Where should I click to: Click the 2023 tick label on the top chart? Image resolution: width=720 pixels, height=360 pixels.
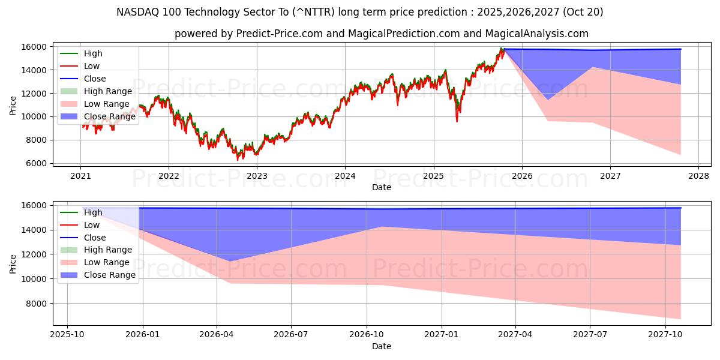click(x=257, y=176)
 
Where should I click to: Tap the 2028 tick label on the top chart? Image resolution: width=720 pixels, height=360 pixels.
click(x=698, y=176)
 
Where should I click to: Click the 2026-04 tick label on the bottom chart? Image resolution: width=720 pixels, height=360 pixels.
click(x=217, y=334)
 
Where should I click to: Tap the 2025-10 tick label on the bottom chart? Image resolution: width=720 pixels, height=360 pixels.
click(x=67, y=334)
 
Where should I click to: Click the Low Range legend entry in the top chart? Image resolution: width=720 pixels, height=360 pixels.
click(x=107, y=104)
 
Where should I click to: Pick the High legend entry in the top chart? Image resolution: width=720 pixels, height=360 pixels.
click(x=93, y=53)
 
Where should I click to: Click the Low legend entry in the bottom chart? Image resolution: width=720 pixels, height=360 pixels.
click(x=92, y=225)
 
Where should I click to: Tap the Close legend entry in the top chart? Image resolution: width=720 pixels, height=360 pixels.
click(x=95, y=79)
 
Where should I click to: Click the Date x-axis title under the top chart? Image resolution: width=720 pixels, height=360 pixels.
click(x=381, y=187)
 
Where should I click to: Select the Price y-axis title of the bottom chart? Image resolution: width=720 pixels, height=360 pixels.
click(x=13, y=263)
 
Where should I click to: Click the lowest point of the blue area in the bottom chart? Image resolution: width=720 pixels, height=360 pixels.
click(x=230, y=261)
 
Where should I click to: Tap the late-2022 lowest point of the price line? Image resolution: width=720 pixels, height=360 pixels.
click(x=238, y=160)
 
